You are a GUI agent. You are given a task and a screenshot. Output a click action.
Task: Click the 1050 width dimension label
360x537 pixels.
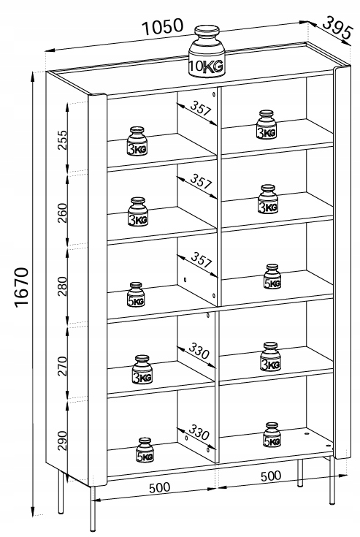(x=163, y=27)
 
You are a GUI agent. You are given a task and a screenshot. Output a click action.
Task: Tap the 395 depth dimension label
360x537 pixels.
(x=337, y=28)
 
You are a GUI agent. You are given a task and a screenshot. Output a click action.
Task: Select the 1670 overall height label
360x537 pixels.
(x=21, y=288)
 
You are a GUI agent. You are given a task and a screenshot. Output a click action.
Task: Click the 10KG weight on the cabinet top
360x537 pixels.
(x=207, y=51)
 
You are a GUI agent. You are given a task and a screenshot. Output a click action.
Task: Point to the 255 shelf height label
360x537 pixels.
(x=63, y=140)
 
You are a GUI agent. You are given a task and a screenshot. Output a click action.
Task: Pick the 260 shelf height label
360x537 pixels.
(x=63, y=213)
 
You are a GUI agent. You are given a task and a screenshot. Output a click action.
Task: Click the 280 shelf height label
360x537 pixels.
(x=63, y=286)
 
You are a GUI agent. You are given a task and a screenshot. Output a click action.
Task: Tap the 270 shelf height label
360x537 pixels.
(x=63, y=366)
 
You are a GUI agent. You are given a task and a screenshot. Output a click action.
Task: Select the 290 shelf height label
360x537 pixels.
(x=63, y=441)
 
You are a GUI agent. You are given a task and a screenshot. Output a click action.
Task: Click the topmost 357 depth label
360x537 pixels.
(x=202, y=108)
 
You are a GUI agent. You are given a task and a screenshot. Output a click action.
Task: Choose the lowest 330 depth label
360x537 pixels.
(x=199, y=433)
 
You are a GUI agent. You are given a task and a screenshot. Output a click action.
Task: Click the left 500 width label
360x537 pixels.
(x=159, y=488)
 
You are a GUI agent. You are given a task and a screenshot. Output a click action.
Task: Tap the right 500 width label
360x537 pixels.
(x=271, y=476)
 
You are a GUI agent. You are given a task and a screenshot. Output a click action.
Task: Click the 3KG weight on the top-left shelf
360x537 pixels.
(x=137, y=141)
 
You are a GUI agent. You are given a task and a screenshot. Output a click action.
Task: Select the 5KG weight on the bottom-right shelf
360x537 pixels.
(x=272, y=435)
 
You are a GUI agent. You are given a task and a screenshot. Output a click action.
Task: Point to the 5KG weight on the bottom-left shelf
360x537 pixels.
(x=145, y=449)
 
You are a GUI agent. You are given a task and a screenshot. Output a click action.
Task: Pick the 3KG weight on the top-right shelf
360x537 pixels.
(x=267, y=125)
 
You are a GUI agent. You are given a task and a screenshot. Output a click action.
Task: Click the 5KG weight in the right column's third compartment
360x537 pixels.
(x=272, y=276)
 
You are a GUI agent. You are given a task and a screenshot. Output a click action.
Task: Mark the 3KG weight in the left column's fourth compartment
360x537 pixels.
(x=142, y=370)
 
